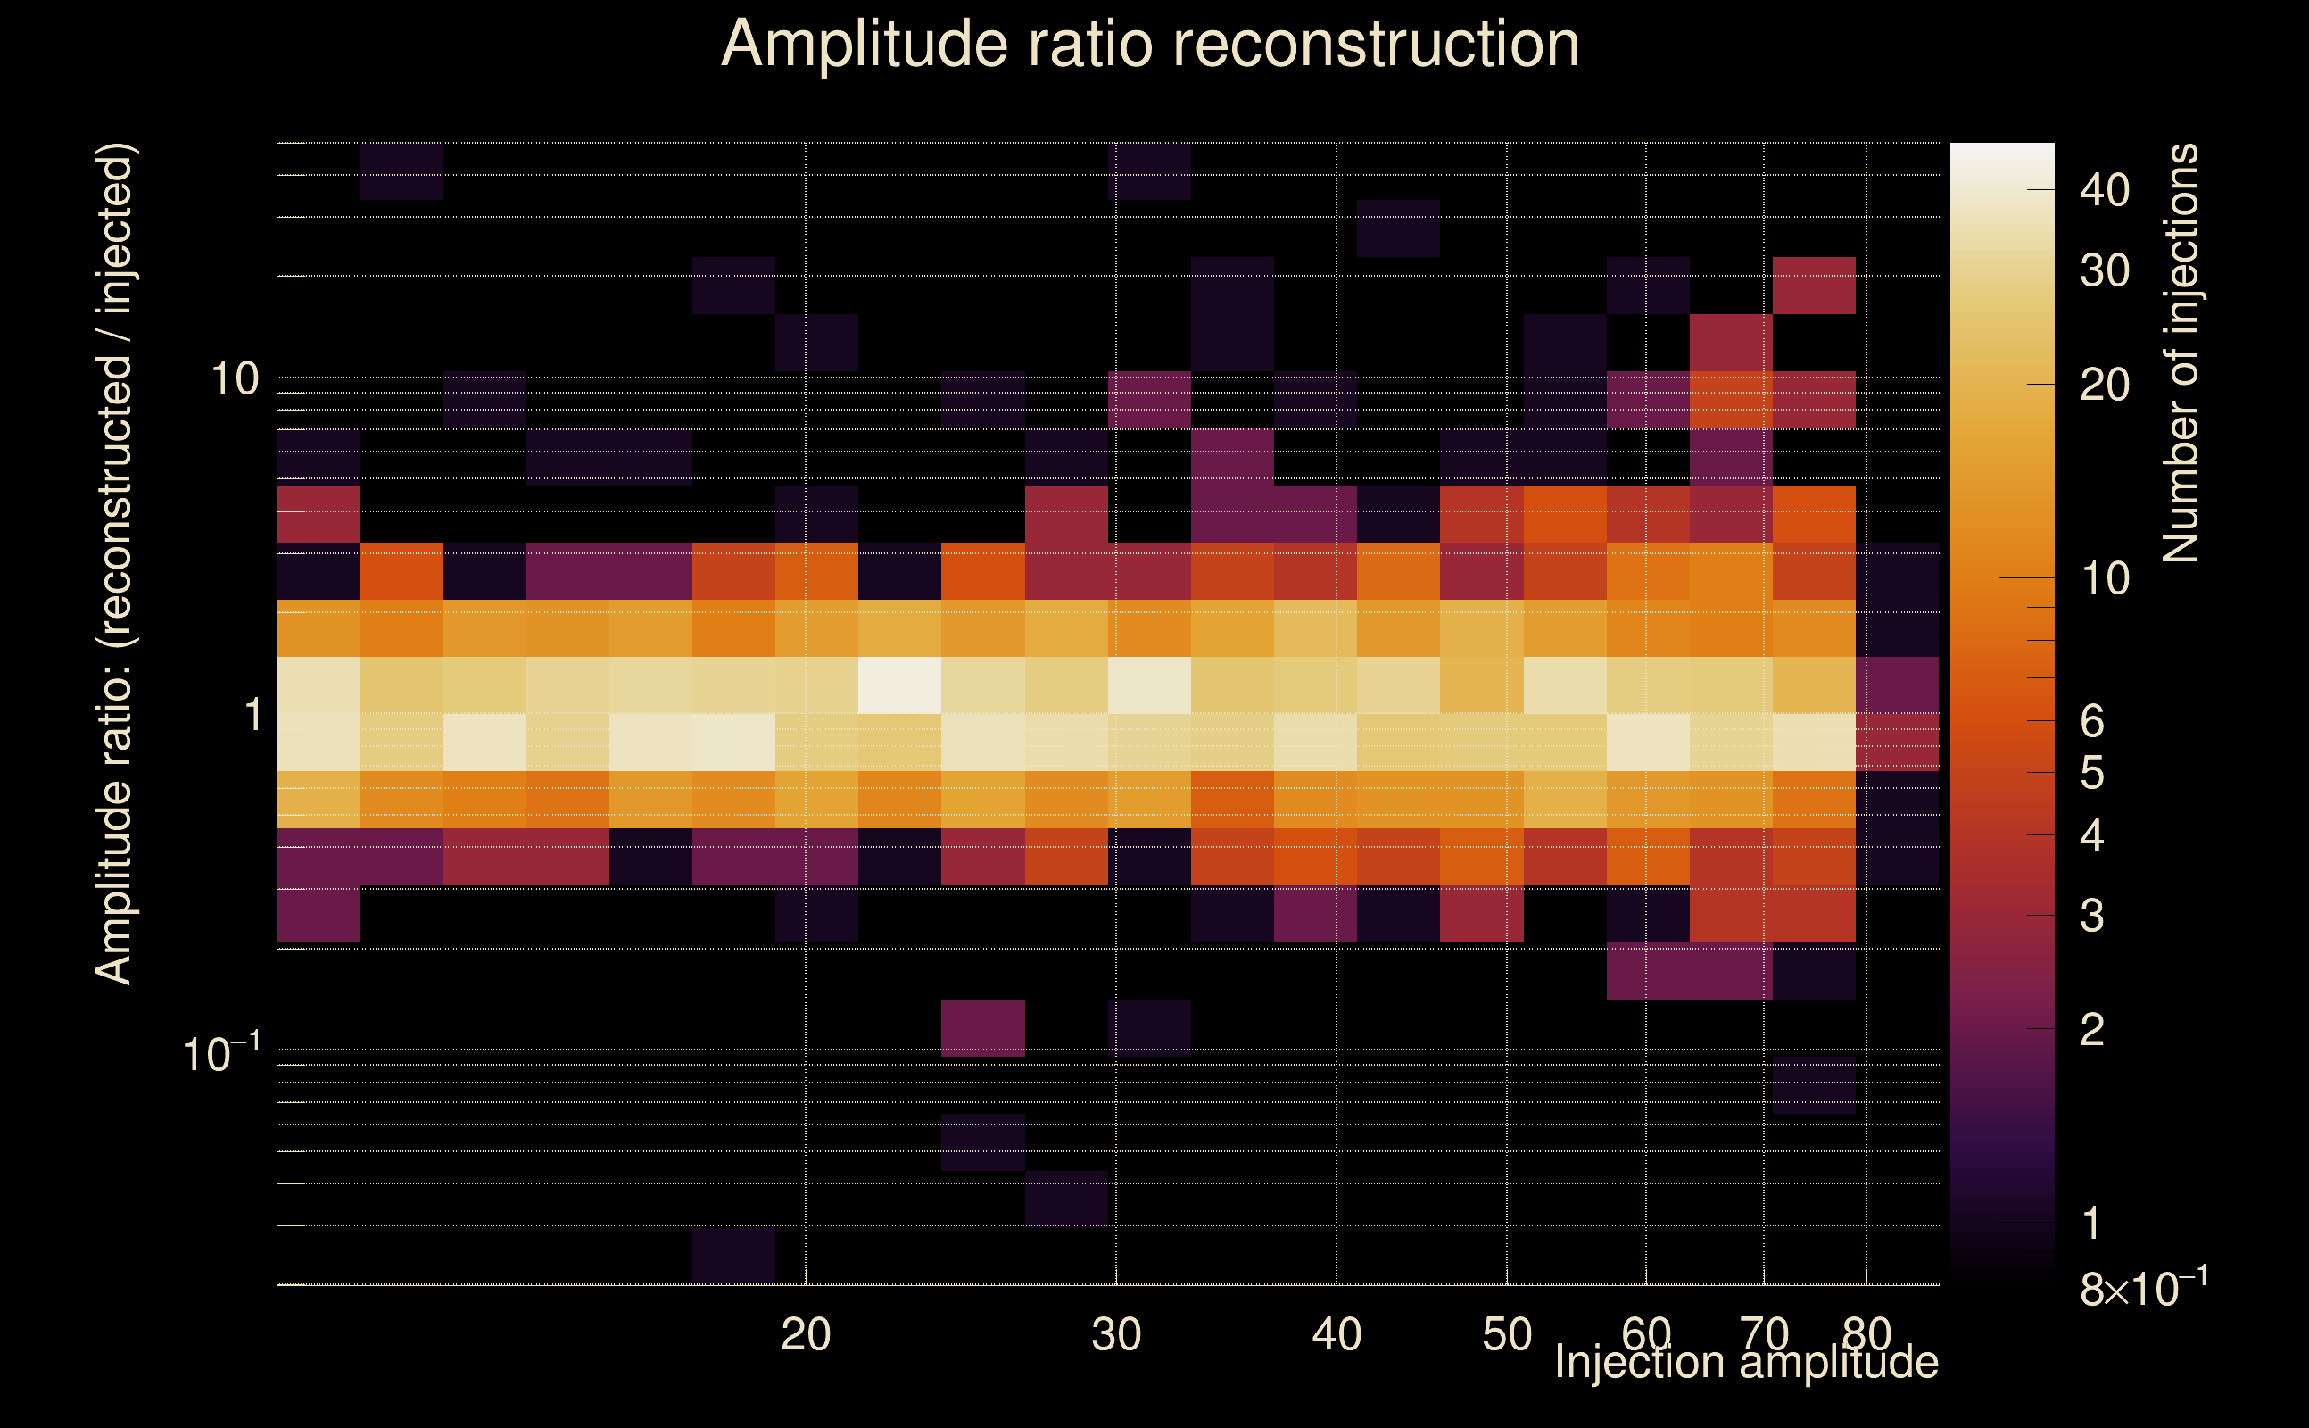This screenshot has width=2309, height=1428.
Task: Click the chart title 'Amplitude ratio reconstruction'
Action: click(x=1150, y=45)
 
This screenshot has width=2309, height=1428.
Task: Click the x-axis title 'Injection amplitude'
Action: click(x=1746, y=1363)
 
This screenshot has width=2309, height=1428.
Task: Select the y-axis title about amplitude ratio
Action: click(x=115, y=564)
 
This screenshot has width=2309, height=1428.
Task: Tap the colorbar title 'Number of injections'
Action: click(x=2180, y=353)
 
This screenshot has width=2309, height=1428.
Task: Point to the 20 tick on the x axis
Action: click(x=806, y=1334)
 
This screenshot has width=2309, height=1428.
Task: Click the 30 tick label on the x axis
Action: click(x=1116, y=1334)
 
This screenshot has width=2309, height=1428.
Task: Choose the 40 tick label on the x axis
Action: click(x=1337, y=1334)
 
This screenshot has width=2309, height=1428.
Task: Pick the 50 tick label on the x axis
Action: click(x=1507, y=1334)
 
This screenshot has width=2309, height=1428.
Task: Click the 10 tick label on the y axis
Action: click(x=233, y=379)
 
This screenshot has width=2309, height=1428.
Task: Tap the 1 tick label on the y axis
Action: click(x=252, y=715)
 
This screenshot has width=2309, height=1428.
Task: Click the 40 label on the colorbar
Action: click(x=2104, y=191)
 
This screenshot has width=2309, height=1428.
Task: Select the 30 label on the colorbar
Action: click(x=2104, y=271)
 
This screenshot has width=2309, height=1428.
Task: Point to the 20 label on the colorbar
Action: click(x=2104, y=386)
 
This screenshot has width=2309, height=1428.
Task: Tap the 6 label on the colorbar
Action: click(x=2092, y=721)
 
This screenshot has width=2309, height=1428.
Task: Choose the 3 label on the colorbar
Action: click(x=2092, y=916)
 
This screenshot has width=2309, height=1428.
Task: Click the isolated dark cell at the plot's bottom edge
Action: click(x=733, y=1256)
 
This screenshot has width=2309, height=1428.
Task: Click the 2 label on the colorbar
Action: click(x=2092, y=1029)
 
